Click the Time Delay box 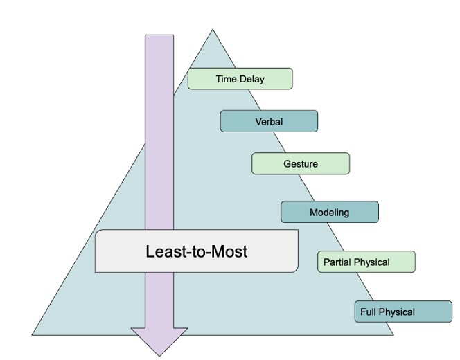(x=240, y=78)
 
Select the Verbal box (x=269, y=121)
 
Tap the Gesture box (x=301, y=163)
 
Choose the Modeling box (x=330, y=212)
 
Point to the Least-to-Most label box (x=196, y=251)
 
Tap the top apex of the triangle (x=213, y=30)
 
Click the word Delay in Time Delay (x=251, y=79)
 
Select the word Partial (x=337, y=262)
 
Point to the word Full (x=367, y=312)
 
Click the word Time (x=226, y=79)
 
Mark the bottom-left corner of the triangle (x=33, y=334)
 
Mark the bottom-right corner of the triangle (x=393, y=334)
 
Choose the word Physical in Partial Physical (x=372, y=262)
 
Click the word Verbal (x=269, y=122)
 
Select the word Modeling (x=330, y=213)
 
